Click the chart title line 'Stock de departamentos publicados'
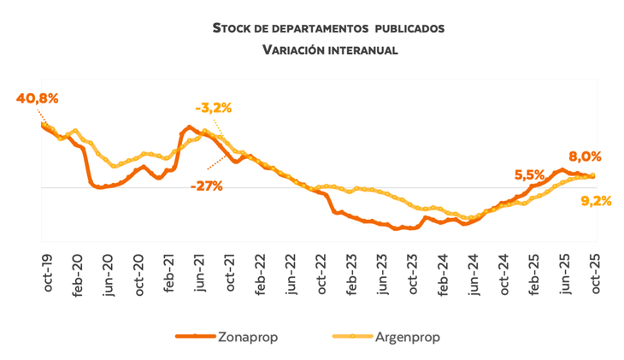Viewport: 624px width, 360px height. pos(328,28)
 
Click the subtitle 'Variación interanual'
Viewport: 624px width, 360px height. pos(328,50)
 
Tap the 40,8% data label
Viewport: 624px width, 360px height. pos(37,98)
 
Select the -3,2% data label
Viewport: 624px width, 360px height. pos(214,108)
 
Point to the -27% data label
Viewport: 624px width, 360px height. pos(207,186)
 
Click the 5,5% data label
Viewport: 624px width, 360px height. pos(529,174)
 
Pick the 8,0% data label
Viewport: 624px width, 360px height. pos(586,156)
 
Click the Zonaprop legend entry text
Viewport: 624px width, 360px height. pos(250,337)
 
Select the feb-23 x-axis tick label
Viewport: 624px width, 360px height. pos(352,274)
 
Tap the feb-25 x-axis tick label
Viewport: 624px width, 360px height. pos(535,274)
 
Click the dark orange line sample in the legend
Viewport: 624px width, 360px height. pos(195,337)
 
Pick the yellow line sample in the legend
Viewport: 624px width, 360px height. pos(350,337)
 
